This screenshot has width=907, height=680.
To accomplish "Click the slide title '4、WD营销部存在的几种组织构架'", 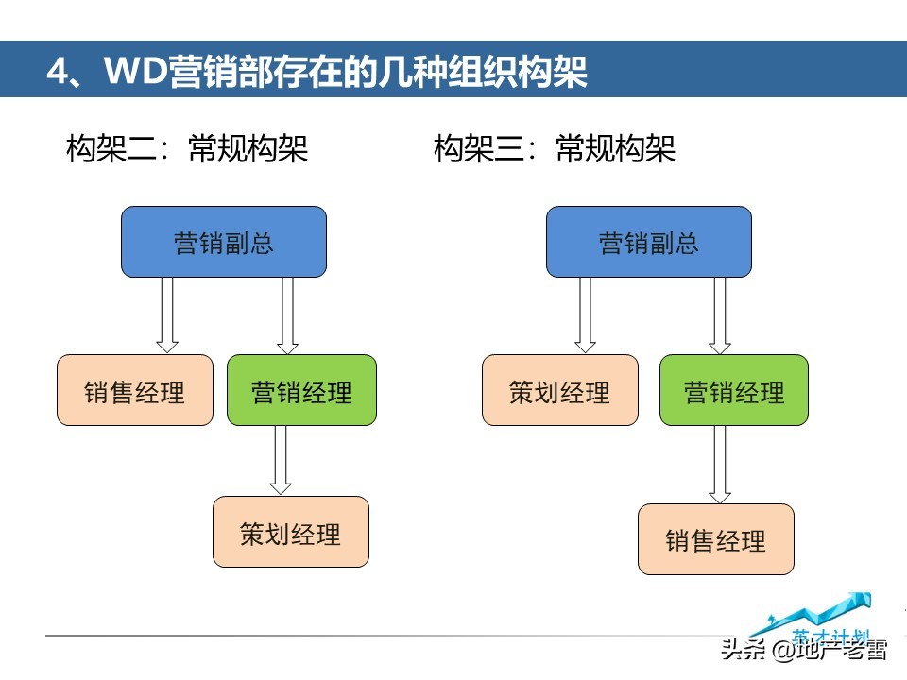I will (x=317, y=72).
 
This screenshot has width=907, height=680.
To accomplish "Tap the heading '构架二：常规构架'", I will (x=187, y=148).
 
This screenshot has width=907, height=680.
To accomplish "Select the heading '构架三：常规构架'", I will (x=555, y=148).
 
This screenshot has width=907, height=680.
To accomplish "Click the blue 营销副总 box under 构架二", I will (x=224, y=242).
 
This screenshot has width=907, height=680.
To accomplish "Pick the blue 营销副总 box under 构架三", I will (x=649, y=242).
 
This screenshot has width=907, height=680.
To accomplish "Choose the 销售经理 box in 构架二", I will (x=135, y=390).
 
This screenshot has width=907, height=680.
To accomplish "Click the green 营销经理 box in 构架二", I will (x=301, y=390).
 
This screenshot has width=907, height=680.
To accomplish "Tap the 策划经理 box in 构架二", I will (x=290, y=532).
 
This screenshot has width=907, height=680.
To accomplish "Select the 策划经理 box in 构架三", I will (x=559, y=390).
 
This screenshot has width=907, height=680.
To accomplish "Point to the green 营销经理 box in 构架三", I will (x=734, y=390).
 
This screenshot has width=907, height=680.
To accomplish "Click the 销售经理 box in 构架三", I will (x=715, y=539).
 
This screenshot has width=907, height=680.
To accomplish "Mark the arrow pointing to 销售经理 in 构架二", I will (x=167, y=314).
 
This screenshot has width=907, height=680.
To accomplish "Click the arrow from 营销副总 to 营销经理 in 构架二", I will (x=288, y=314).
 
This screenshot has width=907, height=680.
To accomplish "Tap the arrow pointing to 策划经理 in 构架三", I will (x=586, y=314).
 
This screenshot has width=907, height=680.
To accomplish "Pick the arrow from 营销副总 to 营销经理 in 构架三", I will (x=720, y=314).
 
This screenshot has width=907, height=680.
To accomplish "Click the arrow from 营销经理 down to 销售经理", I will (x=720, y=464).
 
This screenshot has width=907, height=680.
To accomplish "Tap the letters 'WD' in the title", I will (x=132, y=72).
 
